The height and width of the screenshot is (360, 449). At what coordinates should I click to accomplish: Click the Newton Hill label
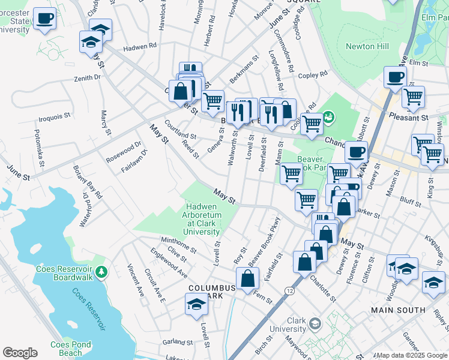pos(367,46)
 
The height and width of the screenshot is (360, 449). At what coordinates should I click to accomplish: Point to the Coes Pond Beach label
pos(58,349)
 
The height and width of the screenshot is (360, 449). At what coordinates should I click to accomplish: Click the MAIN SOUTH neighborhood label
pos(397,310)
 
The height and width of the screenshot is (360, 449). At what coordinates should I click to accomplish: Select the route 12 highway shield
pos(290,291)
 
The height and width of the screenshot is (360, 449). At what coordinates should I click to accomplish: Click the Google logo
pos(20,352)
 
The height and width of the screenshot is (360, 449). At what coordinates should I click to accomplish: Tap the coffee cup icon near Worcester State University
pos(44,19)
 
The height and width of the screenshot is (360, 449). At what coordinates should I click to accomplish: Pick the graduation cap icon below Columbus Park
pos(196,305)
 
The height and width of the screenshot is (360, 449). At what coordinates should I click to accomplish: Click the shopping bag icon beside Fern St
pos(247,278)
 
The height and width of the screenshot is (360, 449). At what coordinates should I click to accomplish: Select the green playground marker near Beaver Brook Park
pos(328,116)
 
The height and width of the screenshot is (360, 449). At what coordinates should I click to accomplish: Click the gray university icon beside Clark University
pos(314,325)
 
